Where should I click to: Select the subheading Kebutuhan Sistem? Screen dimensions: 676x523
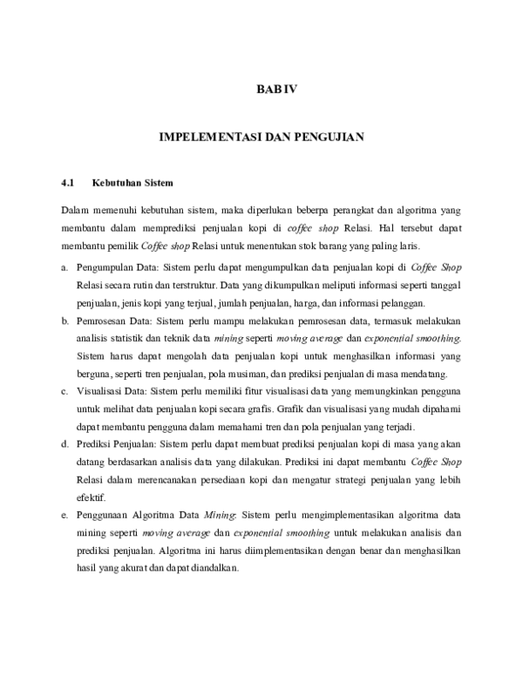133,184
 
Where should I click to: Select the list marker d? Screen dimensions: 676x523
65,444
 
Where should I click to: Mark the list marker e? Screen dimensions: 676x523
65,516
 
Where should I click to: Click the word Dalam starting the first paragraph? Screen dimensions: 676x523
77,211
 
